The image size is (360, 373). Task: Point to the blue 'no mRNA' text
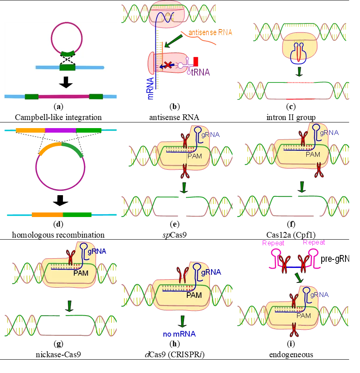click(x=179, y=334)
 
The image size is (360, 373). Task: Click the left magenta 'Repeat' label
click(x=273, y=243)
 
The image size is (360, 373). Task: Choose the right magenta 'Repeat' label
click(x=314, y=243)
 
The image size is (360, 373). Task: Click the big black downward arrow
click(x=66, y=82)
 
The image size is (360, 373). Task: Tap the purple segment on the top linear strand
click(x=61, y=130)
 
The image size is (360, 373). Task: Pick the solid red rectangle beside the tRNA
click(x=196, y=62)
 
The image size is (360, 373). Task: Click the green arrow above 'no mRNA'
click(x=182, y=321)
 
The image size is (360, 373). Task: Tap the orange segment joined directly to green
click(x=47, y=215)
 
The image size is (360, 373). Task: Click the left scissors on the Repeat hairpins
click(x=285, y=263)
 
